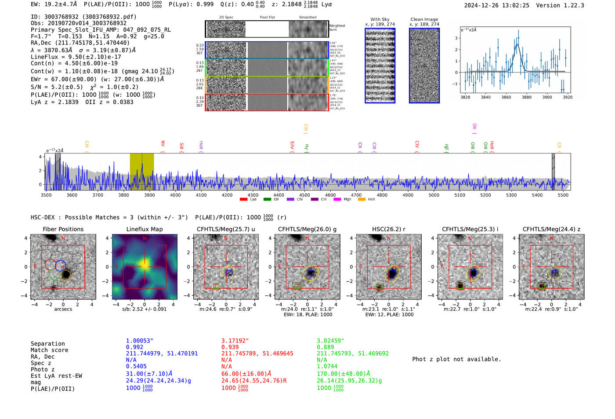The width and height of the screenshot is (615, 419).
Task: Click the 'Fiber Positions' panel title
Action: pos(63,229)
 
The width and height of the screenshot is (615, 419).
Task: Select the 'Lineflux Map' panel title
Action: pos(145,229)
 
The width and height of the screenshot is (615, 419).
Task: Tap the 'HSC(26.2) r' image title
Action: pos(388,229)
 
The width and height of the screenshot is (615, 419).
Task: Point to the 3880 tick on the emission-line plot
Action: pos(526,97)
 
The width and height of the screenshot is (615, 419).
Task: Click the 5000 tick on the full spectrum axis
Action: pos(434,195)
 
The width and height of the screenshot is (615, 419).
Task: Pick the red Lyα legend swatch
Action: pos(244,200)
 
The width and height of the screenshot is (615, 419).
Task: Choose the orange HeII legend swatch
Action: pos(362,200)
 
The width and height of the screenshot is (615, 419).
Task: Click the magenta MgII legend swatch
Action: pos(337,200)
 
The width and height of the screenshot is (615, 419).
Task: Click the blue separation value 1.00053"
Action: pos(139,341)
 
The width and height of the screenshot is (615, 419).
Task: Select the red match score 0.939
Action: pos(231,347)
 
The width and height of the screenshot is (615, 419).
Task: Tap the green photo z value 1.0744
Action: pos(327,366)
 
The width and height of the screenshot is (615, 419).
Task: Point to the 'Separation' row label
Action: pos(47,344)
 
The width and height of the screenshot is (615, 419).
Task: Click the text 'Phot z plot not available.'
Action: pos(456,359)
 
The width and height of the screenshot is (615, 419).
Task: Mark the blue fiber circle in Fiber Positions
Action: pos(61,265)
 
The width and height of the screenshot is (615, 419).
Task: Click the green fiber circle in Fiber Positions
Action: pos(54,275)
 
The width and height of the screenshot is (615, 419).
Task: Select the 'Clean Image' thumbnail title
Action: pos(424,19)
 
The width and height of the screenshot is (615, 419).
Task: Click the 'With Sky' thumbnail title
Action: pos(380,19)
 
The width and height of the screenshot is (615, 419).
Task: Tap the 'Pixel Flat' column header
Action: pos(267,18)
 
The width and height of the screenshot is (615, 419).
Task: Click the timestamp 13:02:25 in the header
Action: pos(514,5)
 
